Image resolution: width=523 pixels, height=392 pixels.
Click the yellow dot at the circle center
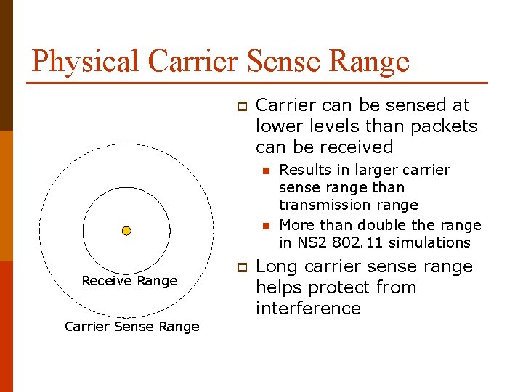[126, 231]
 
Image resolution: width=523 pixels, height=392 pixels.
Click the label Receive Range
[129, 281]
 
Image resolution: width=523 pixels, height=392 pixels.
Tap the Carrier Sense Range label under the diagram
[131, 327]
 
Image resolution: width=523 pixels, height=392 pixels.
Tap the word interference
[308, 309]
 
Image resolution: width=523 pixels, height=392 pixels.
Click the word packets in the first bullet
[449, 126]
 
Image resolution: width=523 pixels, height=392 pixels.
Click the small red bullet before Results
[267, 171]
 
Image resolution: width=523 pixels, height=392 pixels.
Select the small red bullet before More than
[267, 226]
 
